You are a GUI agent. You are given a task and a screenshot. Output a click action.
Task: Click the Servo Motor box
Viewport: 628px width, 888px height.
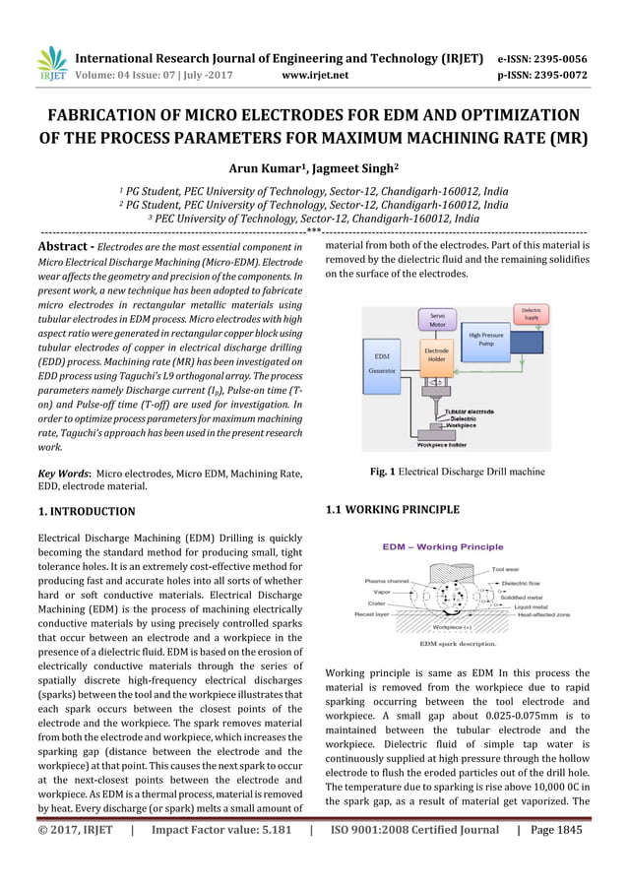click(x=438, y=322)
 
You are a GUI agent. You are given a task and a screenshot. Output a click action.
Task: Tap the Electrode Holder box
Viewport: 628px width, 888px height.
click(x=436, y=355)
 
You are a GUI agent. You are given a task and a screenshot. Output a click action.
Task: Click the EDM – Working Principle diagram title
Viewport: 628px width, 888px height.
click(x=442, y=546)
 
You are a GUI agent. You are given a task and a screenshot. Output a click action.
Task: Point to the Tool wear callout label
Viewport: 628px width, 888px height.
click(x=506, y=569)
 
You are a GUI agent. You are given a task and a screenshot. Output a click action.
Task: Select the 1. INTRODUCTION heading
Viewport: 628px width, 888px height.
click(x=87, y=512)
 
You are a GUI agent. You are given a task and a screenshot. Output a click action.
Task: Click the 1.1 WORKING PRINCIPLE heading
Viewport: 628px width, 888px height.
click(x=392, y=509)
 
